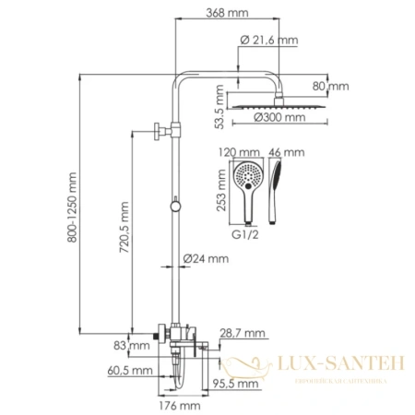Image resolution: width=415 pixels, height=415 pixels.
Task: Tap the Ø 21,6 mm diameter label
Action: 269,40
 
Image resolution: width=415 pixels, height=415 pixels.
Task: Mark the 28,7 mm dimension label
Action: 243,333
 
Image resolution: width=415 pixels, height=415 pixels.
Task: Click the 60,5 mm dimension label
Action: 131,370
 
